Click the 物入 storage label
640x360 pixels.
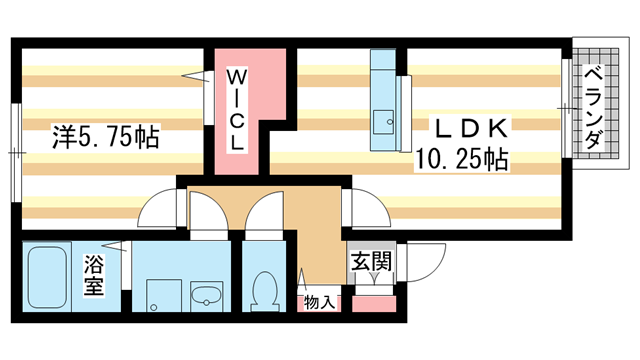[319, 301]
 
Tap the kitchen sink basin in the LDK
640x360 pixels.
[383, 123]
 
